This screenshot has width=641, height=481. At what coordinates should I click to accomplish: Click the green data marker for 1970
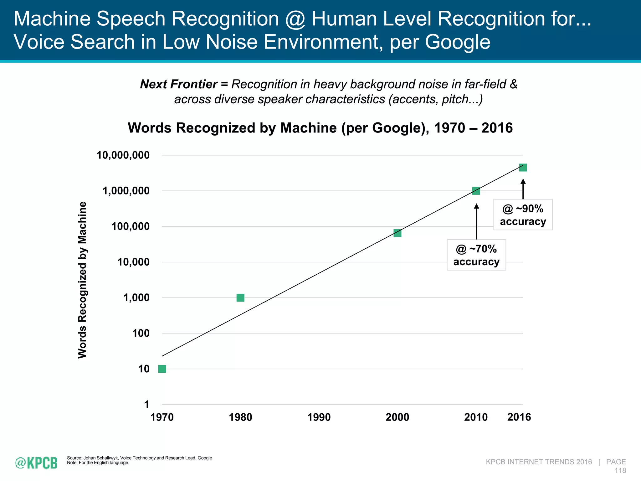(x=162, y=369)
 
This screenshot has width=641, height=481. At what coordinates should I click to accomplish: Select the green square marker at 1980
(x=240, y=297)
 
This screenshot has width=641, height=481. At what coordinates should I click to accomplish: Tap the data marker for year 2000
(x=397, y=233)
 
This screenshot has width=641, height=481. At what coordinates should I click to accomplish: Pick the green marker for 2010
(x=476, y=191)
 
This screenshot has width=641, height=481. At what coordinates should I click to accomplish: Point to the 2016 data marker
(x=523, y=168)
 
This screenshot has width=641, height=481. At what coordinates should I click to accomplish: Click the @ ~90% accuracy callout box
(x=523, y=215)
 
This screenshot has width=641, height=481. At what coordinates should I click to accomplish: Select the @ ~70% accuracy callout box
(x=476, y=255)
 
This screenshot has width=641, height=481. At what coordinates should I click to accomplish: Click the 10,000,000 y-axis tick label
(x=123, y=155)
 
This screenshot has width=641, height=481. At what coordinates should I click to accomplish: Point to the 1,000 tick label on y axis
(x=136, y=297)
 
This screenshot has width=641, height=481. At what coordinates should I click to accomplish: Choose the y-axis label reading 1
(x=146, y=405)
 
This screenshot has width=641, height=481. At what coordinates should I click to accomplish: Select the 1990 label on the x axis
(x=319, y=417)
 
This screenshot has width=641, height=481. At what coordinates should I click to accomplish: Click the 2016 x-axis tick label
(x=519, y=417)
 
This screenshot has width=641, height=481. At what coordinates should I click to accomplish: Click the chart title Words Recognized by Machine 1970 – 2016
(x=320, y=128)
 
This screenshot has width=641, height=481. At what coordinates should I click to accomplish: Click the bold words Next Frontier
(x=179, y=84)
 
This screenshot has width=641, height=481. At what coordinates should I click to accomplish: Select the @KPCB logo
(x=36, y=463)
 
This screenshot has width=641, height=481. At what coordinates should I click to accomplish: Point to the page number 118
(x=620, y=470)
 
